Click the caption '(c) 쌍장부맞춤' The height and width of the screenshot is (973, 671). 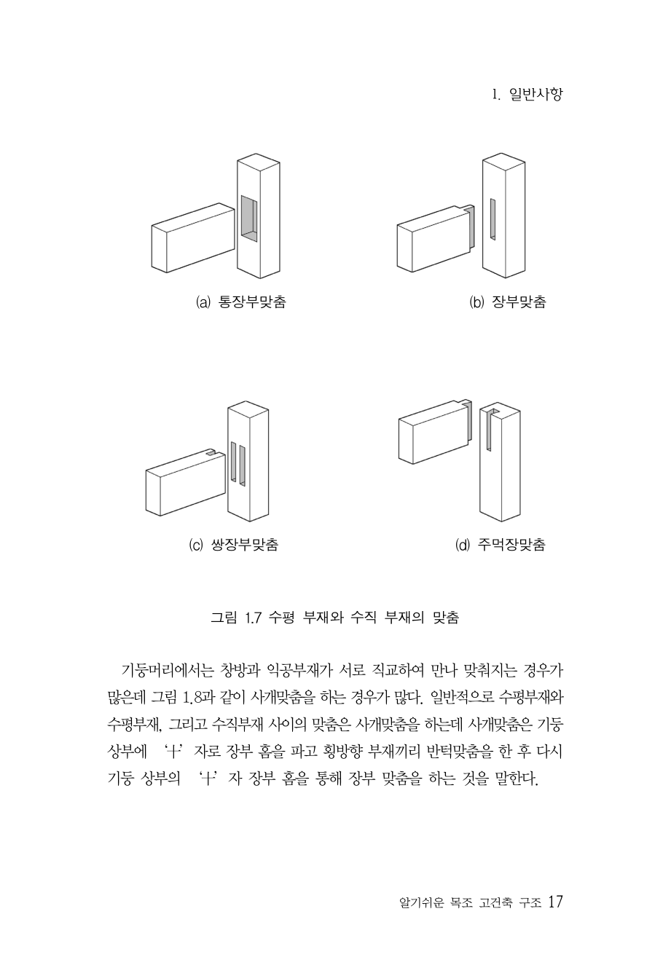[x=234, y=544]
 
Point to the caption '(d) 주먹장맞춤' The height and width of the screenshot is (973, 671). [x=501, y=544]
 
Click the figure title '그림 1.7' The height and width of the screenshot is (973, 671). [x=235, y=618]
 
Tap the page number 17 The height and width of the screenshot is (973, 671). [x=555, y=902]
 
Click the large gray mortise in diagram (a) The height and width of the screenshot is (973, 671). [x=249, y=218]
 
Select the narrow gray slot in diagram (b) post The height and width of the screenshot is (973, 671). [x=493, y=219]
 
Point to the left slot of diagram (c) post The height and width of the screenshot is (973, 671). [x=233, y=462]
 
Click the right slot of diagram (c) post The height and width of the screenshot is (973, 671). [x=243, y=465]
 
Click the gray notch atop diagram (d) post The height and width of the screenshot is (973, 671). [x=490, y=429]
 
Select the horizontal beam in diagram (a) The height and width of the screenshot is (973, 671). [x=193, y=238]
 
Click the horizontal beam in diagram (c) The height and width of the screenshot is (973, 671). [x=186, y=482]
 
